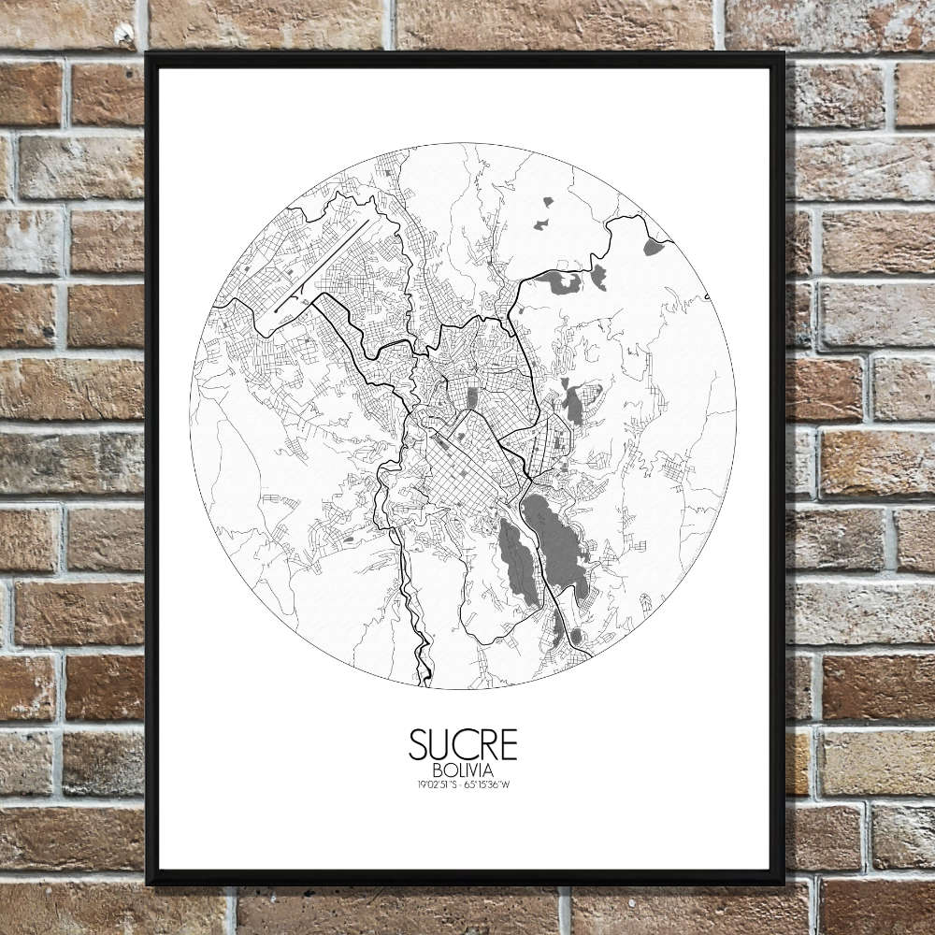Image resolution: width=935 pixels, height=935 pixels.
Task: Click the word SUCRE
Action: tap(463, 744)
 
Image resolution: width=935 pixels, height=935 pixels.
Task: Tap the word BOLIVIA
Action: tap(463, 770)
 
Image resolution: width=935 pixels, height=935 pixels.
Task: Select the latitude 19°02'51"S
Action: tap(438, 784)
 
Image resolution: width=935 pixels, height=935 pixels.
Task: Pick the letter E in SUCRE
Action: tap(508, 744)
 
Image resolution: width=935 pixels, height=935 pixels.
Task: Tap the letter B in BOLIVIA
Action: tap(437, 770)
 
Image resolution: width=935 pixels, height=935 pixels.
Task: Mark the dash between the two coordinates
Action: tap(463, 784)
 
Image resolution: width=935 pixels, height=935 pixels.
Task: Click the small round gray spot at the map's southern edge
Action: tap(576, 636)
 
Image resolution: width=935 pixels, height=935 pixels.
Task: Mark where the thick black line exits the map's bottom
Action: tap(426, 681)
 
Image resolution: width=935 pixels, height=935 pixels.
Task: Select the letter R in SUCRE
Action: tap(486, 744)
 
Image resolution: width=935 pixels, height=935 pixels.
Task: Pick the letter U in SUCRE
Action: tap(440, 744)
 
